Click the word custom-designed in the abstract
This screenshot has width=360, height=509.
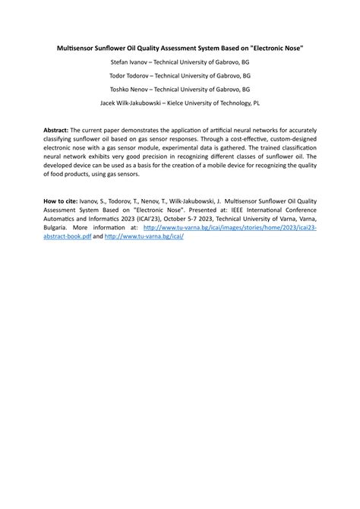tap(285, 141)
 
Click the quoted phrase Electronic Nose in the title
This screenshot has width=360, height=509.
tap(279, 48)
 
